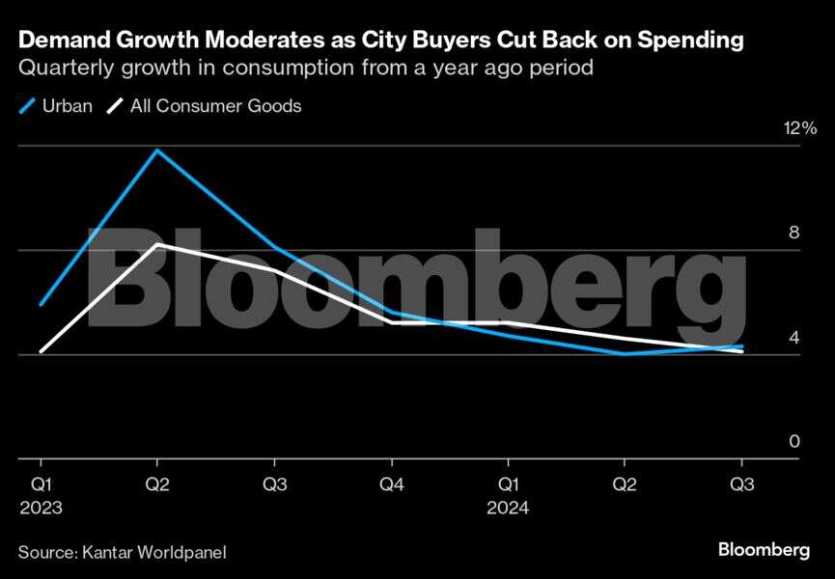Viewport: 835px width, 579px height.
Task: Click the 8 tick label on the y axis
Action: click(794, 234)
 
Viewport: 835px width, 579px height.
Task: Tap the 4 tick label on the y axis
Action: click(794, 338)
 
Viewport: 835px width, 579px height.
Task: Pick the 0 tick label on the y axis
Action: click(794, 442)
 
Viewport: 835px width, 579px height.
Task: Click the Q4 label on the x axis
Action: click(390, 484)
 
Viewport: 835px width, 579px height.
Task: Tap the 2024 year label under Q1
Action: click(507, 508)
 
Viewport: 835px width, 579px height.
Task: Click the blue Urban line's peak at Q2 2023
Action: click(156, 150)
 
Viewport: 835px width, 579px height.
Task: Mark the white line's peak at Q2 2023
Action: click(156, 244)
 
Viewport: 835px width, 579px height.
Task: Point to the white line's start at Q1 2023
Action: click(40, 352)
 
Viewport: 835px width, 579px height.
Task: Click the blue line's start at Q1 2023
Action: click(40, 305)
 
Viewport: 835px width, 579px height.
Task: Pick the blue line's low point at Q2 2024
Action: click(625, 353)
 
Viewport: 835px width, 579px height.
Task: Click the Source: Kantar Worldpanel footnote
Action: click(122, 552)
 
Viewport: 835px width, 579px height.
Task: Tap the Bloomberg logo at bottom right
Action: click(764, 550)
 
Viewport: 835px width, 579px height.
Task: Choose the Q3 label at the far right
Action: click(741, 484)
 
